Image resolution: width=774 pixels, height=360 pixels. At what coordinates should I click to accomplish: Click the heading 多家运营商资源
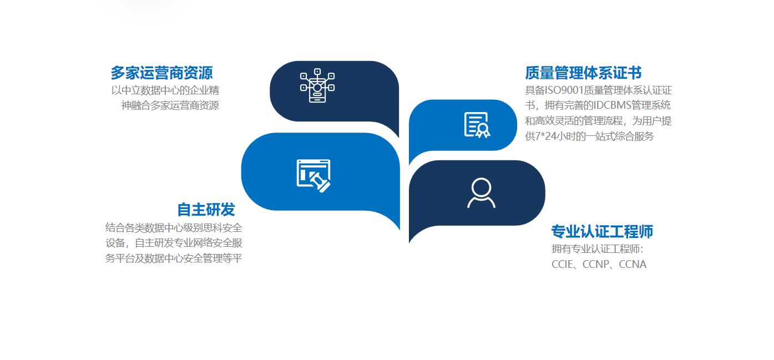click(161, 73)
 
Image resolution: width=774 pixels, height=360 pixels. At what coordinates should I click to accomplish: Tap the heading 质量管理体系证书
click(583, 73)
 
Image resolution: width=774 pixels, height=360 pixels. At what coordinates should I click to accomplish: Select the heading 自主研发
click(206, 209)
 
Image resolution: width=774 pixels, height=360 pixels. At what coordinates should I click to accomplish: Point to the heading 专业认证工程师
click(602, 231)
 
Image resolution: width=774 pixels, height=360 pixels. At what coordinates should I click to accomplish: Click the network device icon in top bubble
click(317, 85)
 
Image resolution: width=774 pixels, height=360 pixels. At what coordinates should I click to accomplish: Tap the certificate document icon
click(477, 125)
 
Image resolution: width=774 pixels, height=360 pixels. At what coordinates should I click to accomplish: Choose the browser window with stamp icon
click(313, 175)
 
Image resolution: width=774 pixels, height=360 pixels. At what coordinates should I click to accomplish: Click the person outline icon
click(481, 193)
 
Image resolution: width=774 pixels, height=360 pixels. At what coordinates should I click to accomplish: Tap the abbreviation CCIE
click(561, 264)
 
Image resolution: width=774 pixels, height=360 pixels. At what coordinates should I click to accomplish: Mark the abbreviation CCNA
click(633, 264)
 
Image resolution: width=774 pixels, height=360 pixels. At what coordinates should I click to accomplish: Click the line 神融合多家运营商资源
click(170, 105)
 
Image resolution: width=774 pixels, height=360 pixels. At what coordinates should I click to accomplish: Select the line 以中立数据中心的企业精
click(165, 90)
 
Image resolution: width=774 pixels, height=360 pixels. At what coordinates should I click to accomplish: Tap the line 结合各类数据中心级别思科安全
click(174, 227)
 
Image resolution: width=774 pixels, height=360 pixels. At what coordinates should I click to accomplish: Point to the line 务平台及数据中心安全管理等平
click(174, 258)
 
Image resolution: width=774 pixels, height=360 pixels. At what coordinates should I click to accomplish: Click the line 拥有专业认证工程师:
click(598, 249)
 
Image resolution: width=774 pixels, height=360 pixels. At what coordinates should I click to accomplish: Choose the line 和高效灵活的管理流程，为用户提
click(598, 121)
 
